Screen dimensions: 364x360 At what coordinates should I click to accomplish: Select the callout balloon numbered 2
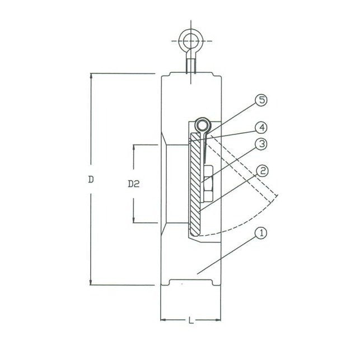(x=260, y=170)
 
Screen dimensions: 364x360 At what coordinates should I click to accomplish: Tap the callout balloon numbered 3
(x=260, y=144)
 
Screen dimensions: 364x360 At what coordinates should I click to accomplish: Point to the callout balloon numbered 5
(x=260, y=101)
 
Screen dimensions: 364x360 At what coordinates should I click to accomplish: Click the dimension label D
(x=90, y=180)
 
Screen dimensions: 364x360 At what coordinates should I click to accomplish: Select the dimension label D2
(x=133, y=183)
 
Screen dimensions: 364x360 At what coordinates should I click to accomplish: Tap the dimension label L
(x=191, y=321)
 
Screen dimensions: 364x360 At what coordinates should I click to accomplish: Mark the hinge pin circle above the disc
(x=203, y=124)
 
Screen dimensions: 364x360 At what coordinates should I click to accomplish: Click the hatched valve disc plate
(x=195, y=185)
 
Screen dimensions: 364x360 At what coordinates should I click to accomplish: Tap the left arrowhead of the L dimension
(x=163, y=321)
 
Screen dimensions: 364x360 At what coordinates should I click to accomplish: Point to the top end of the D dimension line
(x=90, y=74)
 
